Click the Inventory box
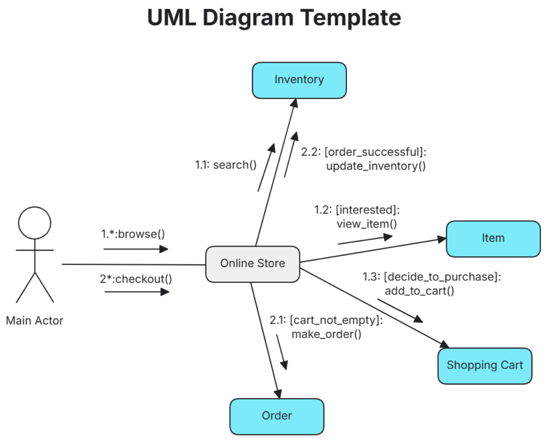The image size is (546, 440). click(x=299, y=80)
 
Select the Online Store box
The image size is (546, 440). click(x=253, y=263)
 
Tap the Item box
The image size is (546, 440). click(x=493, y=238)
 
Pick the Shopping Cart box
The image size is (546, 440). click(x=485, y=365)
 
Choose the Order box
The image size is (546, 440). click(x=277, y=416)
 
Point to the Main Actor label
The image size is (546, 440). click(x=35, y=321)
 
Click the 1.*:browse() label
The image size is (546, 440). click(x=132, y=234)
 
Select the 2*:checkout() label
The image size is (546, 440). click(x=136, y=278)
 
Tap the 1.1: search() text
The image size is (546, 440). click(x=226, y=165)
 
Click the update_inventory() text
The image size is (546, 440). click(x=376, y=166)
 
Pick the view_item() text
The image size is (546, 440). click(x=366, y=224)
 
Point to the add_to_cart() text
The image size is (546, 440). click(x=419, y=291)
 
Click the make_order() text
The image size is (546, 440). click(x=326, y=334)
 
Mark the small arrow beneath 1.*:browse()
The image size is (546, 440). click(x=136, y=249)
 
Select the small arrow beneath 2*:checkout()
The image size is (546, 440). click(x=136, y=292)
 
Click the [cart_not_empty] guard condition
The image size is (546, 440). click(x=336, y=320)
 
